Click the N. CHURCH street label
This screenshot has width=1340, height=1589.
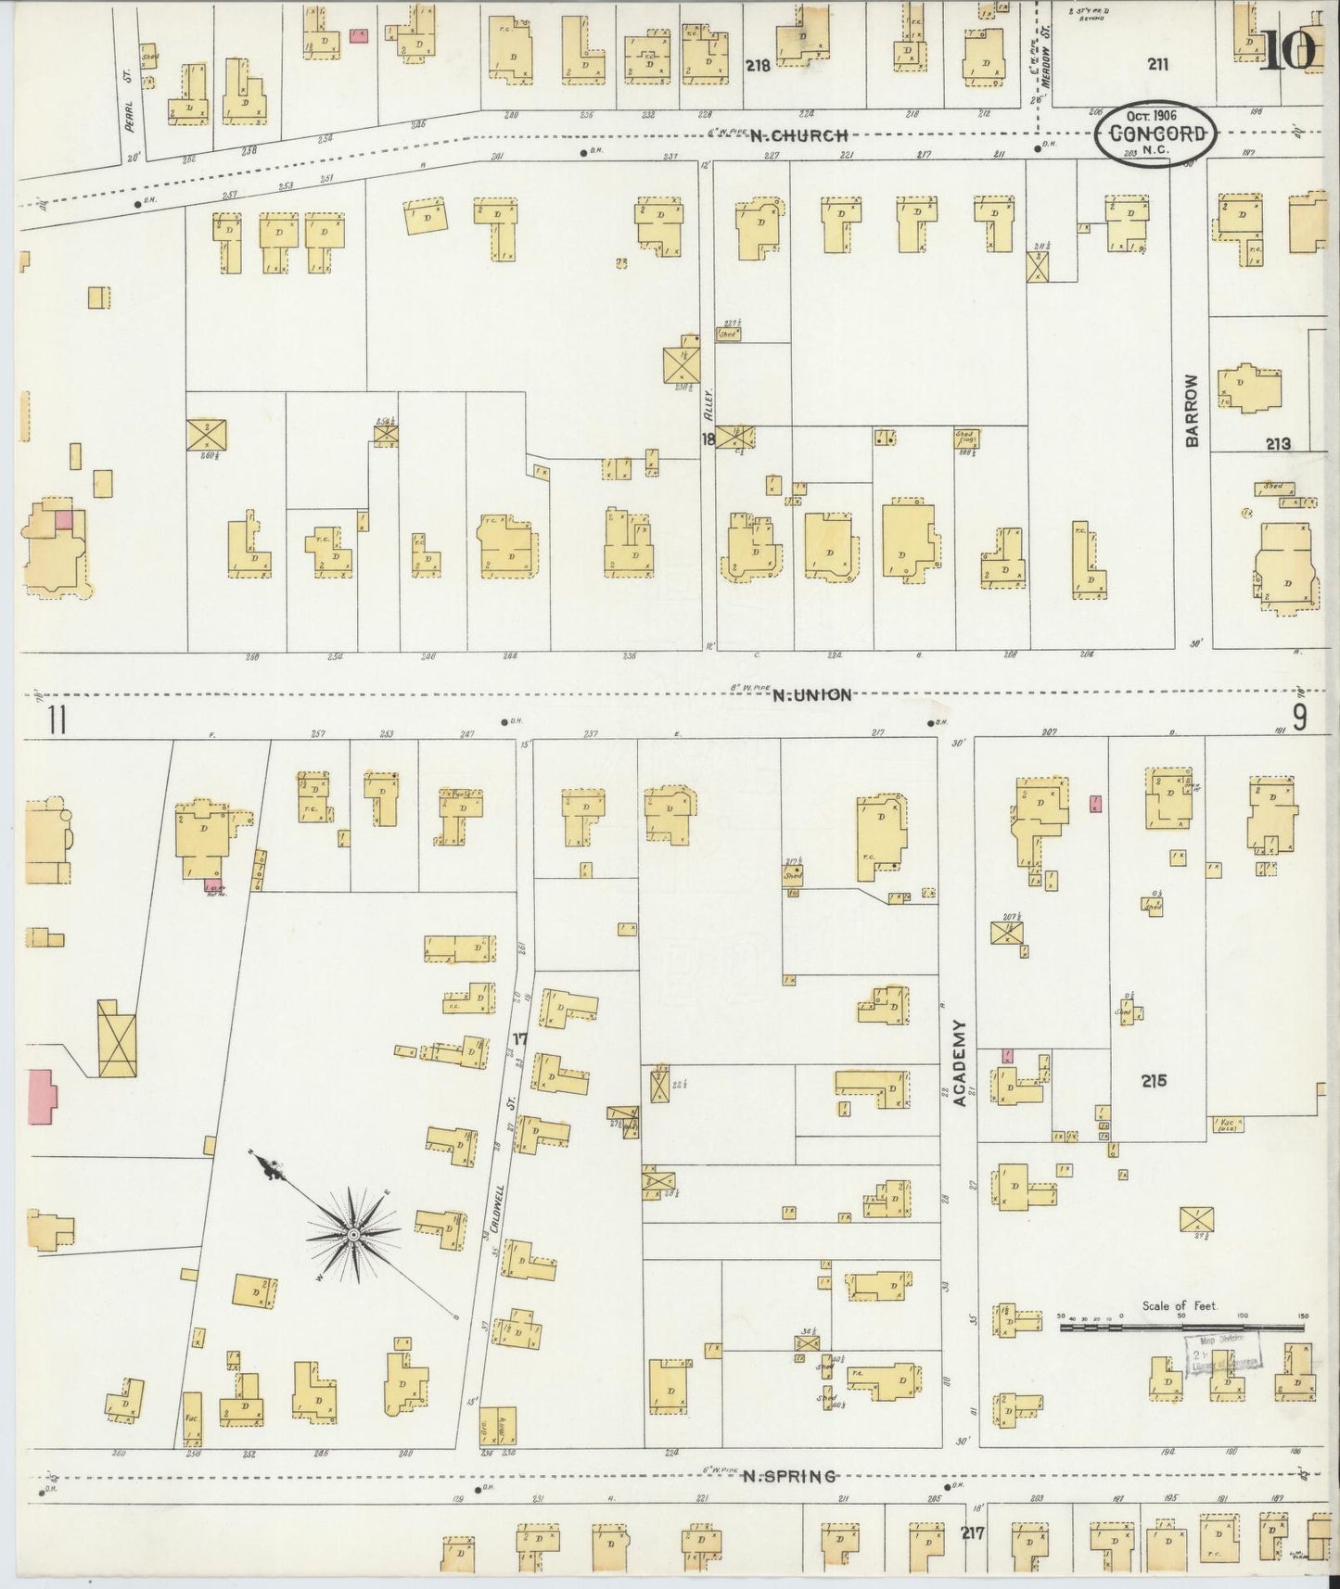coord(798,136)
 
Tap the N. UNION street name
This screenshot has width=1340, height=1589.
coord(811,694)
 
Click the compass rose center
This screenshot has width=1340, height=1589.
coord(353,1236)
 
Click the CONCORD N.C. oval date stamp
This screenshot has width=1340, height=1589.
coord(1154,135)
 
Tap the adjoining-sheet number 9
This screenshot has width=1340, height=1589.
coord(1300,717)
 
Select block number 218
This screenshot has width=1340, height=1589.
coord(759,66)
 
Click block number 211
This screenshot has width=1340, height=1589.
coord(1156,64)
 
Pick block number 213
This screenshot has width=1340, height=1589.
coord(1278,444)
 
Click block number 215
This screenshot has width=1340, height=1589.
coord(1155,1080)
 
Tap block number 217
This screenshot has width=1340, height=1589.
coord(973,1533)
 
